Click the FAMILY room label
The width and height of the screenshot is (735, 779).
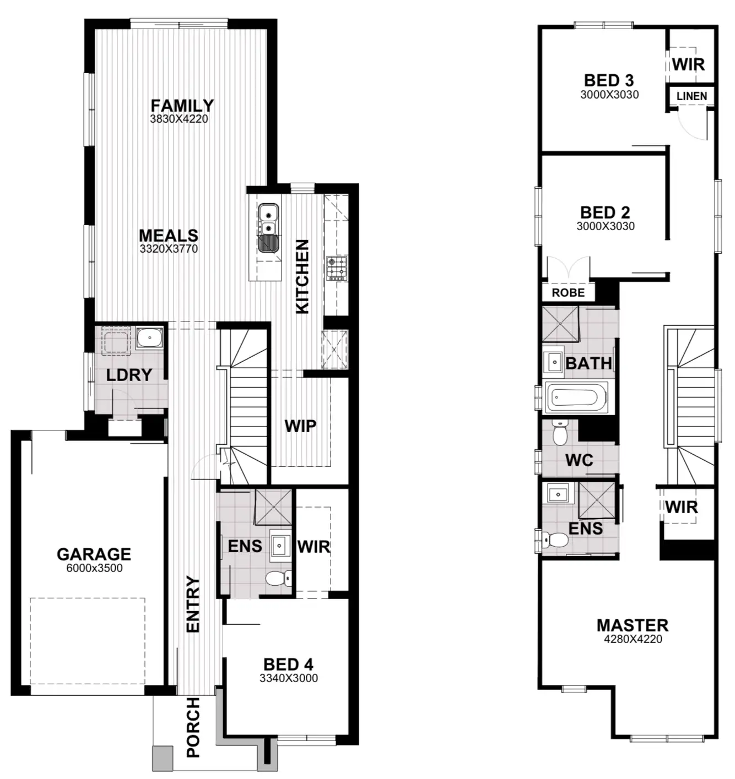(x=182, y=105)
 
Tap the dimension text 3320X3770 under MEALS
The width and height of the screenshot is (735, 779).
(x=169, y=249)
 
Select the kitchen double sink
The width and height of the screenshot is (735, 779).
(x=268, y=227)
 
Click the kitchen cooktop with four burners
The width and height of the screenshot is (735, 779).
(x=336, y=267)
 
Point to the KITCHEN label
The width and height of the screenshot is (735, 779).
(x=302, y=276)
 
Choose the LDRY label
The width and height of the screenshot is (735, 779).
(x=129, y=375)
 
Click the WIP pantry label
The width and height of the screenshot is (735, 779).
(x=300, y=426)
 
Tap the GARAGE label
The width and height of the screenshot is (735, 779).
(x=94, y=554)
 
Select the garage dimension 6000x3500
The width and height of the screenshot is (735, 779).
(x=94, y=568)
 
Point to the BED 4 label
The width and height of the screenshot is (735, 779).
(x=288, y=664)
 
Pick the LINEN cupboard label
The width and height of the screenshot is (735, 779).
(x=691, y=96)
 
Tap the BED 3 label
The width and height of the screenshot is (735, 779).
(x=609, y=80)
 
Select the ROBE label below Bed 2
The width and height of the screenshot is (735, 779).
(x=568, y=293)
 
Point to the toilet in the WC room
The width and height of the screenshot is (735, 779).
(x=560, y=434)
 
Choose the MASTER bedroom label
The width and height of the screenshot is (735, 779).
(x=633, y=625)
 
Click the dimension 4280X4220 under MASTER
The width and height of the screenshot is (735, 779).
(x=633, y=639)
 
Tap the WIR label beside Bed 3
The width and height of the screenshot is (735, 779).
(x=688, y=64)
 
